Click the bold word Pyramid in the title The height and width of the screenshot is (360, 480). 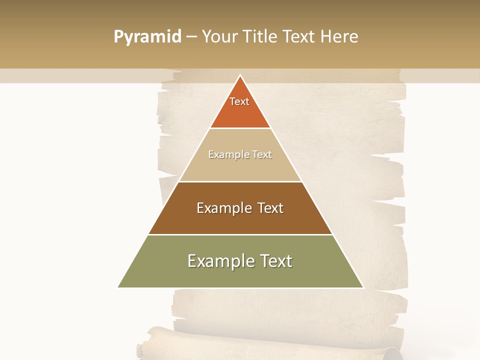[x=147, y=36]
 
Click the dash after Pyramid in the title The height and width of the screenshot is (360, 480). [x=191, y=36]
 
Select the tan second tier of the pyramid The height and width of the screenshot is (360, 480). [x=240, y=167]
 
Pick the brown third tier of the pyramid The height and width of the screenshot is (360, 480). [x=240, y=220]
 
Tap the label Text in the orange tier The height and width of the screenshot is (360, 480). [x=239, y=101]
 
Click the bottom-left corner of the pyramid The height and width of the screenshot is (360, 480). [x=118, y=287]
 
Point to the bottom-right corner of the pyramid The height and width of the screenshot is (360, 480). [x=363, y=287]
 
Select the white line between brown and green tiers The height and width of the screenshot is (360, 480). [x=240, y=234]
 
